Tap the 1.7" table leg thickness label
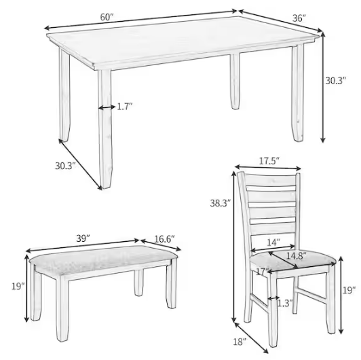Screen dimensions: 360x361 coord(125,107)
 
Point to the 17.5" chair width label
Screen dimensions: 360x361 coord(269,161)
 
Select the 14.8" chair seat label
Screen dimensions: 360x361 coord(295,256)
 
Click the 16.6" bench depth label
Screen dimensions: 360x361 coord(162,239)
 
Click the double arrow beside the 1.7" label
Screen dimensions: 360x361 coord(106,107)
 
